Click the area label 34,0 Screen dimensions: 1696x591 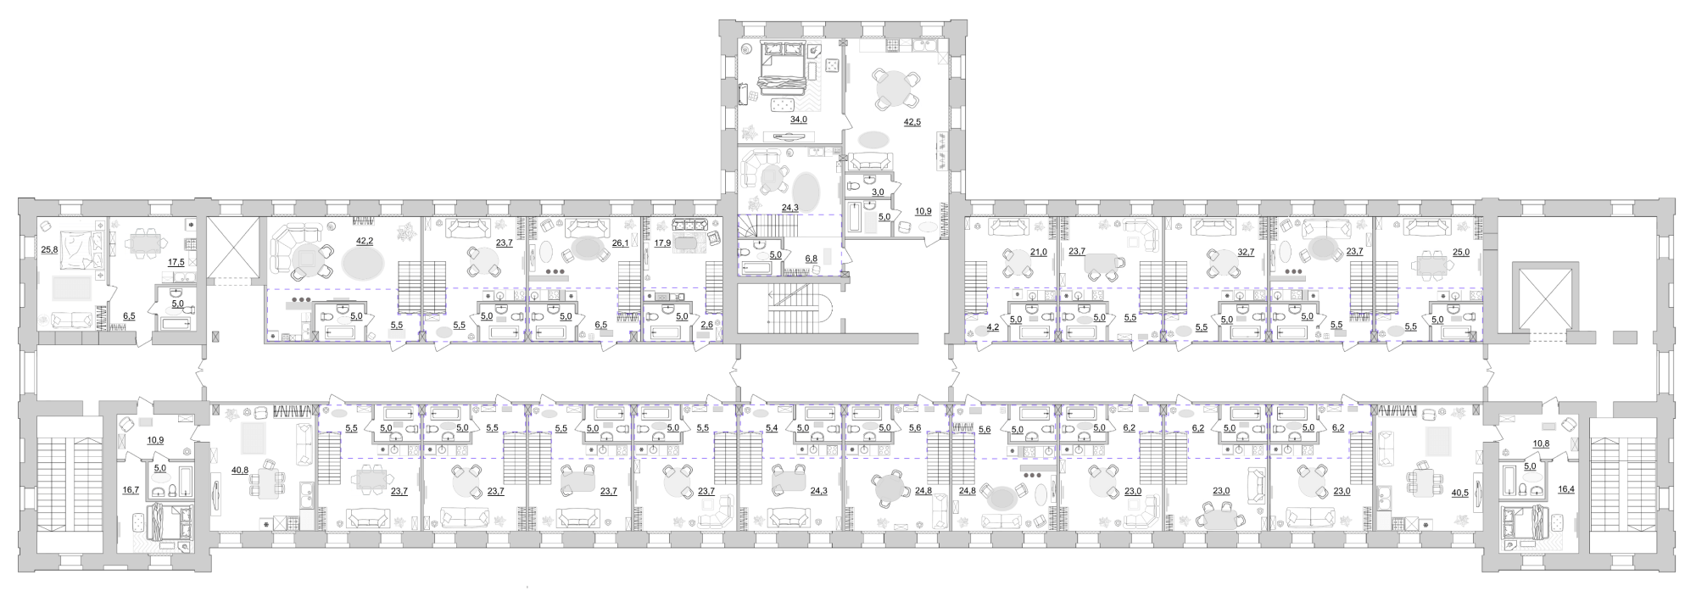click(799, 120)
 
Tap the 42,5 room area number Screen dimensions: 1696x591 click(912, 122)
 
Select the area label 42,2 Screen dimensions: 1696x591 click(365, 242)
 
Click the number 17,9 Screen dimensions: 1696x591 click(663, 243)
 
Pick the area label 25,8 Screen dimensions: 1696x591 click(50, 250)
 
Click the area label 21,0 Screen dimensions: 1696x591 click(1038, 252)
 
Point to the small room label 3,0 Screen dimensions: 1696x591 click(879, 192)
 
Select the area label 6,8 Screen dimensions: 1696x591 click(812, 259)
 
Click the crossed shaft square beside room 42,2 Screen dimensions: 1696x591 click(232, 247)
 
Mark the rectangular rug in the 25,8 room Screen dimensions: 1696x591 click(72, 287)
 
